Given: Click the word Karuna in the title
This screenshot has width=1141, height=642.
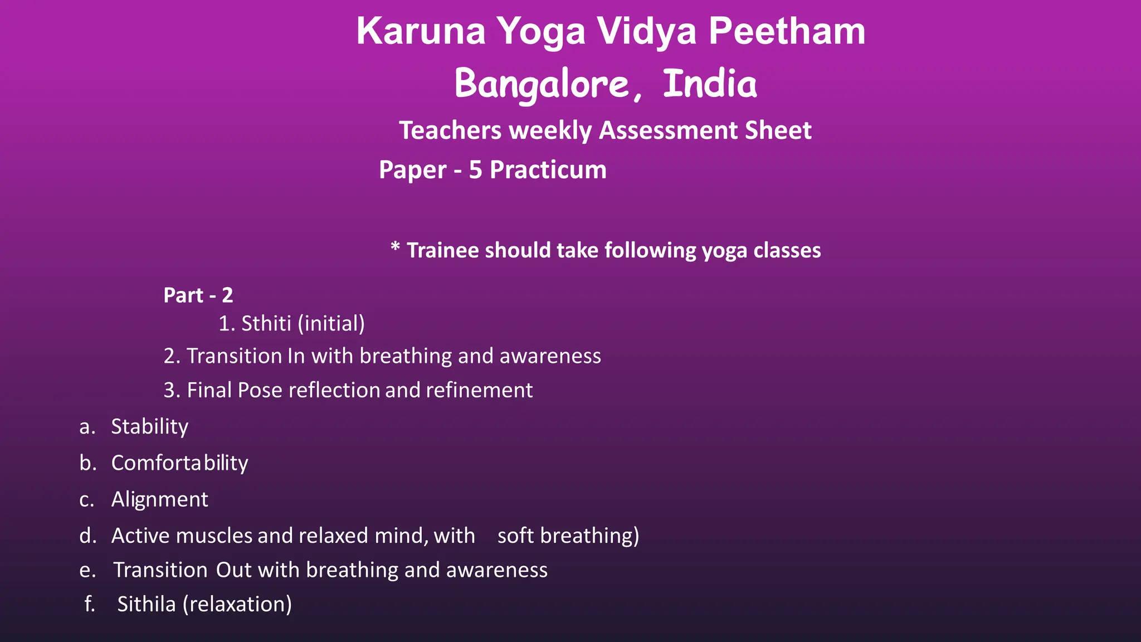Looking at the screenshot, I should pyautogui.click(x=421, y=31).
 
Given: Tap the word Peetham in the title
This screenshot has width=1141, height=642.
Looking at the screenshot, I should pyautogui.click(x=787, y=31).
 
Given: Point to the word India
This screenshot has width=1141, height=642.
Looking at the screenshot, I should pyautogui.click(x=710, y=84).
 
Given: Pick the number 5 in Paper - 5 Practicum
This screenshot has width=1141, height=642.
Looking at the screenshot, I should pyautogui.click(x=475, y=169).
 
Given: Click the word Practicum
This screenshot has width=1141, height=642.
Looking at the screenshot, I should pyautogui.click(x=548, y=169).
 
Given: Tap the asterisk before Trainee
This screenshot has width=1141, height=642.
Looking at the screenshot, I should pyautogui.click(x=395, y=247).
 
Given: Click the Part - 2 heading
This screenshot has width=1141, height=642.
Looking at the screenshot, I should pyautogui.click(x=198, y=295).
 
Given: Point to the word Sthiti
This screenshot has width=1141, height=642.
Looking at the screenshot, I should pyautogui.click(x=266, y=323).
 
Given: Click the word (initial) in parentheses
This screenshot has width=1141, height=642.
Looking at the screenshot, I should pyautogui.click(x=331, y=323).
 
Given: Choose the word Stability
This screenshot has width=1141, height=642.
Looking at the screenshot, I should pyautogui.click(x=149, y=426).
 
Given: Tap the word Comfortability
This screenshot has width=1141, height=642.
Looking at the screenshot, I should pyautogui.click(x=179, y=463).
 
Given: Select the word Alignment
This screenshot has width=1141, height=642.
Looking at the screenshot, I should pyautogui.click(x=159, y=499).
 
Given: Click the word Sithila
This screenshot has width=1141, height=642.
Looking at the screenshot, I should pyautogui.click(x=146, y=604).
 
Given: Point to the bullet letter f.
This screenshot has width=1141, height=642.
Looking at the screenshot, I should pyautogui.click(x=89, y=604).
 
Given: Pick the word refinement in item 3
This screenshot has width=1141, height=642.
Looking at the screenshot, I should pyautogui.click(x=479, y=390).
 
